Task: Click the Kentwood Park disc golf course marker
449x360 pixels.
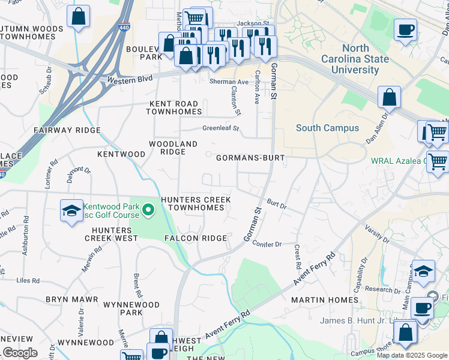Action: pyautogui.click(x=149, y=210)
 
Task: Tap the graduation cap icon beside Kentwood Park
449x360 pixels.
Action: pyautogui.click(x=71, y=211)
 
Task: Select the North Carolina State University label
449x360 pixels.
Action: pyautogui.click(x=354, y=59)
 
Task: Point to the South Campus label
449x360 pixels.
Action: pyautogui.click(x=327, y=128)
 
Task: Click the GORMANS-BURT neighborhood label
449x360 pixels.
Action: pyautogui.click(x=249, y=158)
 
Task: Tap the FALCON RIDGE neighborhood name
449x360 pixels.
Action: pyautogui.click(x=196, y=238)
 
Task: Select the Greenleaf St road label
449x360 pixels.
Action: pyautogui.click(x=220, y=128)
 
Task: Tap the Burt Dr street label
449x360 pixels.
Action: pyautogui.click(x=277, y=205)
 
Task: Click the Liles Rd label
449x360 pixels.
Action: pyautogui.click(x=28, y=280)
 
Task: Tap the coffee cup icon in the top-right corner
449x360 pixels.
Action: pyautogui.click(x=405, y=29)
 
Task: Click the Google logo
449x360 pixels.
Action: pyautogui.click(x=20, y=353)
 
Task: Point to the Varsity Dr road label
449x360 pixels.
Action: pyautogui.click(x=376, y=233)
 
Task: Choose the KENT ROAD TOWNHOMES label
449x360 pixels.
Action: pyautogui.click(x=174, y=107)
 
